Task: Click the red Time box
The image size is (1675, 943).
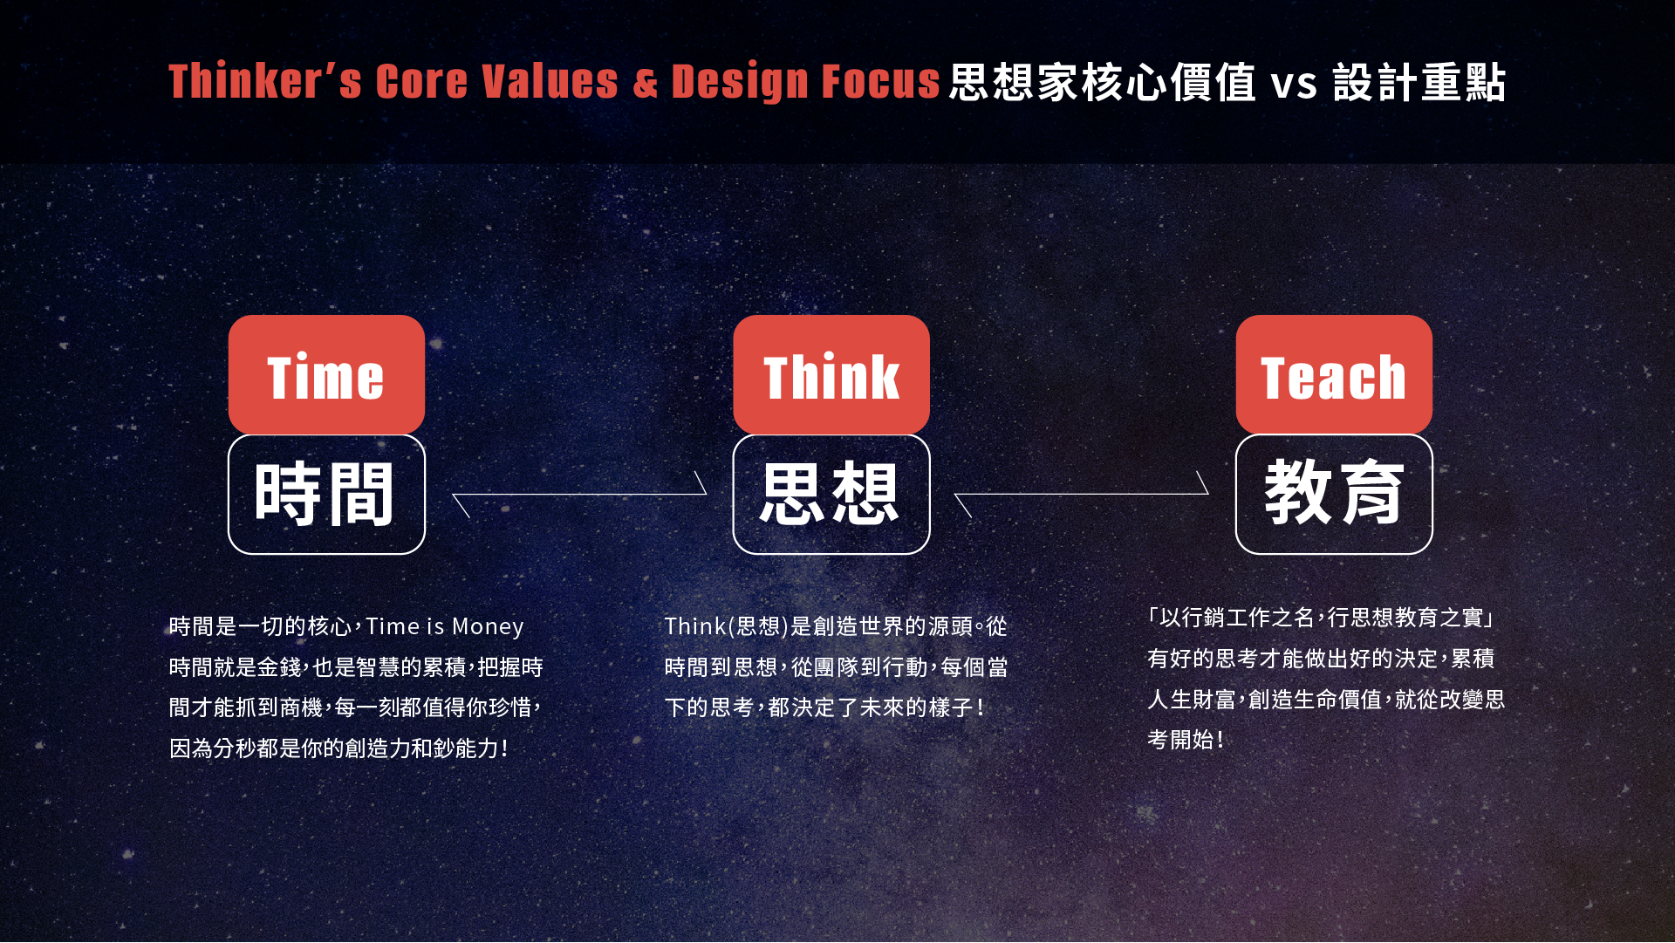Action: [x=326, y=374]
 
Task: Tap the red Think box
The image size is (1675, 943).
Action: [x=831, y=374]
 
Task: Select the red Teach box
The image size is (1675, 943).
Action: [x=1334, y=374]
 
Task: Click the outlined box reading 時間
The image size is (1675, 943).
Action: [x=326, y=494]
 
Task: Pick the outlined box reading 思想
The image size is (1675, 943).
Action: [x=831, y=494]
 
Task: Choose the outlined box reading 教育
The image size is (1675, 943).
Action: [x=1334, y=494]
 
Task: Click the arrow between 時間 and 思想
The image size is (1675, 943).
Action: [x=579, y=495]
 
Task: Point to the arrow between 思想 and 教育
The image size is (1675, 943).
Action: [x=1082, y=495]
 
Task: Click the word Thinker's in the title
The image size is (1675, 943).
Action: [x=265, y=81]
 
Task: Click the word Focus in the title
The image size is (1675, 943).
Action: [x=881, y=81]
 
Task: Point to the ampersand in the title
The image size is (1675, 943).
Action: [x=646, y=83]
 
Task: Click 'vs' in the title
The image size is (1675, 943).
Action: [x=1294, y=84]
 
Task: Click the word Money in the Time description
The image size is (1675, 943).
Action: [x=488, y=627]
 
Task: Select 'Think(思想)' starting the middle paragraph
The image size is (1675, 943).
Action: [x=726, y=626]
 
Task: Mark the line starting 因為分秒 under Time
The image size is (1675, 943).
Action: [x=338, y=748]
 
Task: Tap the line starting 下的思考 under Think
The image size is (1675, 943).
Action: [x=825, y=707]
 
